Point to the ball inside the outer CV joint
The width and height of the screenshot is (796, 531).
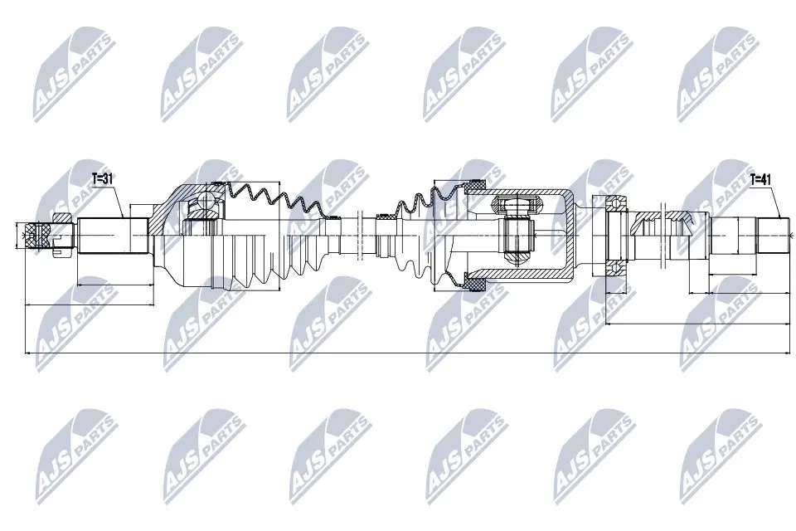[201, 204]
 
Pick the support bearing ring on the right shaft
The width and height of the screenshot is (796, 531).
[617, 236]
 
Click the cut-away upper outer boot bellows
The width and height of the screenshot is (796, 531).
[274, 199]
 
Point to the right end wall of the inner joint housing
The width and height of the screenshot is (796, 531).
[572, 236]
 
